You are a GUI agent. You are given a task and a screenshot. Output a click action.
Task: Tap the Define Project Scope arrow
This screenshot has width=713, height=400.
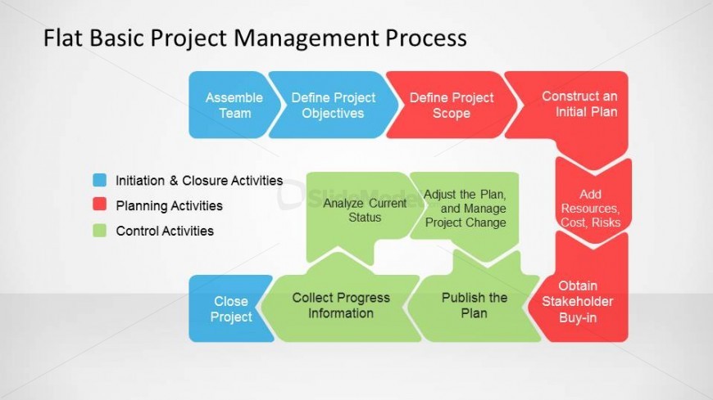451,105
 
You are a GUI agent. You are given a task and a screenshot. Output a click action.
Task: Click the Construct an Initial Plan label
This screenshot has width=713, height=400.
579,104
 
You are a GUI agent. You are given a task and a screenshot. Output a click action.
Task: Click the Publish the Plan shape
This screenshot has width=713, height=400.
474,305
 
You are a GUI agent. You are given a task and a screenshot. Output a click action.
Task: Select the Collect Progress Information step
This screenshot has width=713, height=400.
341,305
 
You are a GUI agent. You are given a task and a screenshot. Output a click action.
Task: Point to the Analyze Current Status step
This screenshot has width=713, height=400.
364,213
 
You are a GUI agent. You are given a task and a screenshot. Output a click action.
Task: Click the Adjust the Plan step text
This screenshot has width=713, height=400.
465,209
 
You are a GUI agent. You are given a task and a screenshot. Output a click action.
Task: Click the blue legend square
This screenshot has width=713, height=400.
100,180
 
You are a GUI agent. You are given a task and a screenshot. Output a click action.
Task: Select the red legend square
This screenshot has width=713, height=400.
100,204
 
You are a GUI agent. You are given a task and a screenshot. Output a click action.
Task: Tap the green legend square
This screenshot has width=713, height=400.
100,230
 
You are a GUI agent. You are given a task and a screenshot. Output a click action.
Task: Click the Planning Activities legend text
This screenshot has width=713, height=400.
169,205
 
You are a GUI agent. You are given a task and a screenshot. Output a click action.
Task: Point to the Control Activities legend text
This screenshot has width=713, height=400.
165,231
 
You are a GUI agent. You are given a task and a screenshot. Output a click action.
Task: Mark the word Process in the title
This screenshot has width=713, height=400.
426,38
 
